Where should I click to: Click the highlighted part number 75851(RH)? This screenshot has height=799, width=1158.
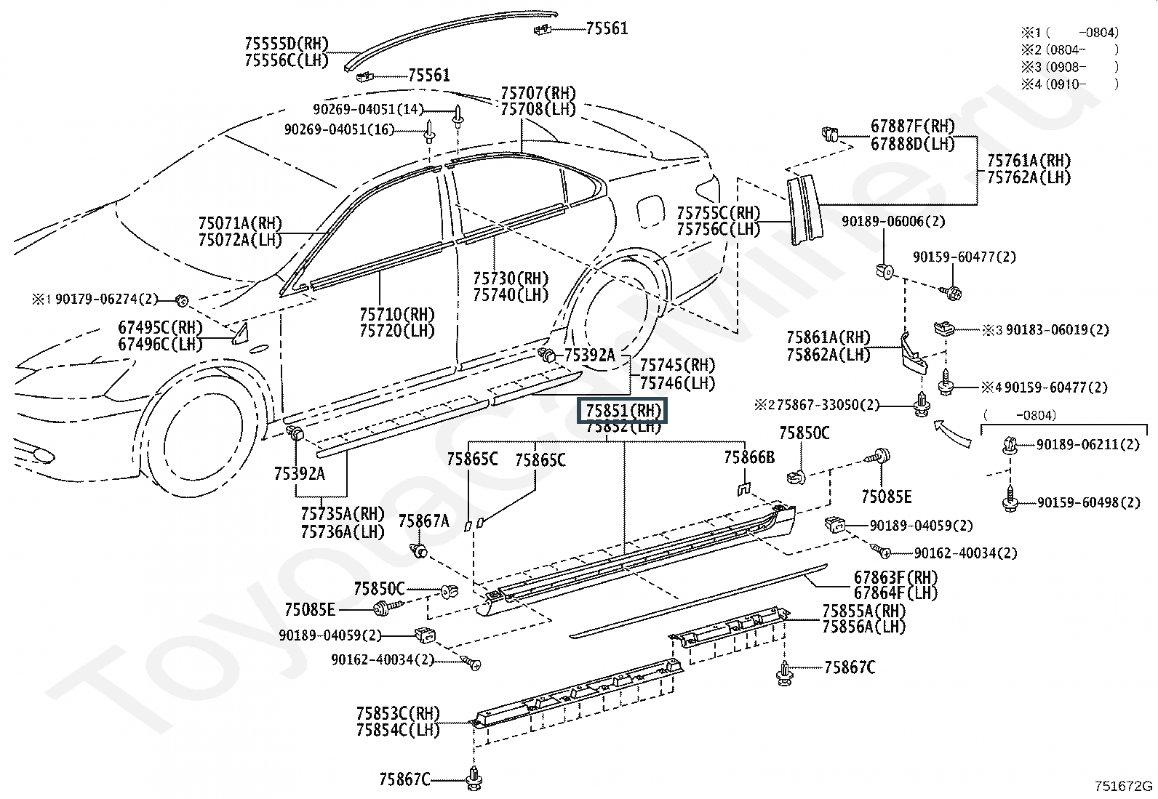click(623, 411)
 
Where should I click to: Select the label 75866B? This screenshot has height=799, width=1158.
click(749, 457)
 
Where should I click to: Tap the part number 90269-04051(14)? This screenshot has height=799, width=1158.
click(368, 110)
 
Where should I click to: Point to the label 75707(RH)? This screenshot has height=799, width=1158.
click(538, 94)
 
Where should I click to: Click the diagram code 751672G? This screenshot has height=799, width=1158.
click(1123, 786)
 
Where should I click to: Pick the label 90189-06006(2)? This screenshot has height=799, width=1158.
click(893, 222)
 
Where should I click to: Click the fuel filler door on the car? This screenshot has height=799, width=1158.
click(650, 212)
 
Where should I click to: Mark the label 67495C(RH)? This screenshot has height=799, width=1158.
click(160, 328)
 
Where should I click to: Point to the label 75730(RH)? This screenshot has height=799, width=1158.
click(511, 278)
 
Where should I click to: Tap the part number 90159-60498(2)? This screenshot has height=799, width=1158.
click(1089, 502)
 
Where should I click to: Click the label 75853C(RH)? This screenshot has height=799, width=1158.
click(398, 714)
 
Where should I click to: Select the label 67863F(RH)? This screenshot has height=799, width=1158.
click(896, 577)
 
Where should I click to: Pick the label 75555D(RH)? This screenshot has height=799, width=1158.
click(287, 44)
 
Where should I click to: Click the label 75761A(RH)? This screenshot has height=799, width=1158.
click(1029, 161)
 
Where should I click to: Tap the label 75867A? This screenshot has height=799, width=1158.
click(424, 521)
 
